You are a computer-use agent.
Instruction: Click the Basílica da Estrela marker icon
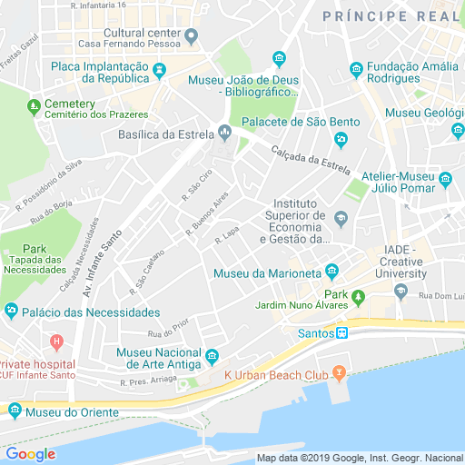click(x=224, y=134)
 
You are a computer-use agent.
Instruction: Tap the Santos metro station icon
click(x=341, y=333)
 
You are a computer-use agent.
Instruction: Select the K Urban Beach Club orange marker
click(x=339, y=373)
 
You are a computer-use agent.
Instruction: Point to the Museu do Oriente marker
click(x=15, y=411)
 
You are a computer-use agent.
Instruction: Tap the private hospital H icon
click(x=56, y=343)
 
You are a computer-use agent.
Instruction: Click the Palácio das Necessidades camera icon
click(x=11, y=312)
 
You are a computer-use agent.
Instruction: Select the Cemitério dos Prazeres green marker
click(x=34, y=104)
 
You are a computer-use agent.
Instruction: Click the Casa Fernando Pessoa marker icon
click(x=191, y=36)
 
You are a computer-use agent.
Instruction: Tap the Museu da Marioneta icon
click(x=331, y=271)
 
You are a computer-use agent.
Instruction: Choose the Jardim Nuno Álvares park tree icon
click(x=358, y=296)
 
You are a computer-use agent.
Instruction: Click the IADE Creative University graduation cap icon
click(x=401, y=291)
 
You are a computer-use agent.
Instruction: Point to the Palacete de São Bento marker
click(x=341, y=139)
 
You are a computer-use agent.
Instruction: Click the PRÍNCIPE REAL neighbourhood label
click(x=391, y=15)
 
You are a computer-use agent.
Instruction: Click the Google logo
click(x=30, y=454)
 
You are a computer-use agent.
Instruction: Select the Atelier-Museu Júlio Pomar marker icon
click(x=446, y=178)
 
